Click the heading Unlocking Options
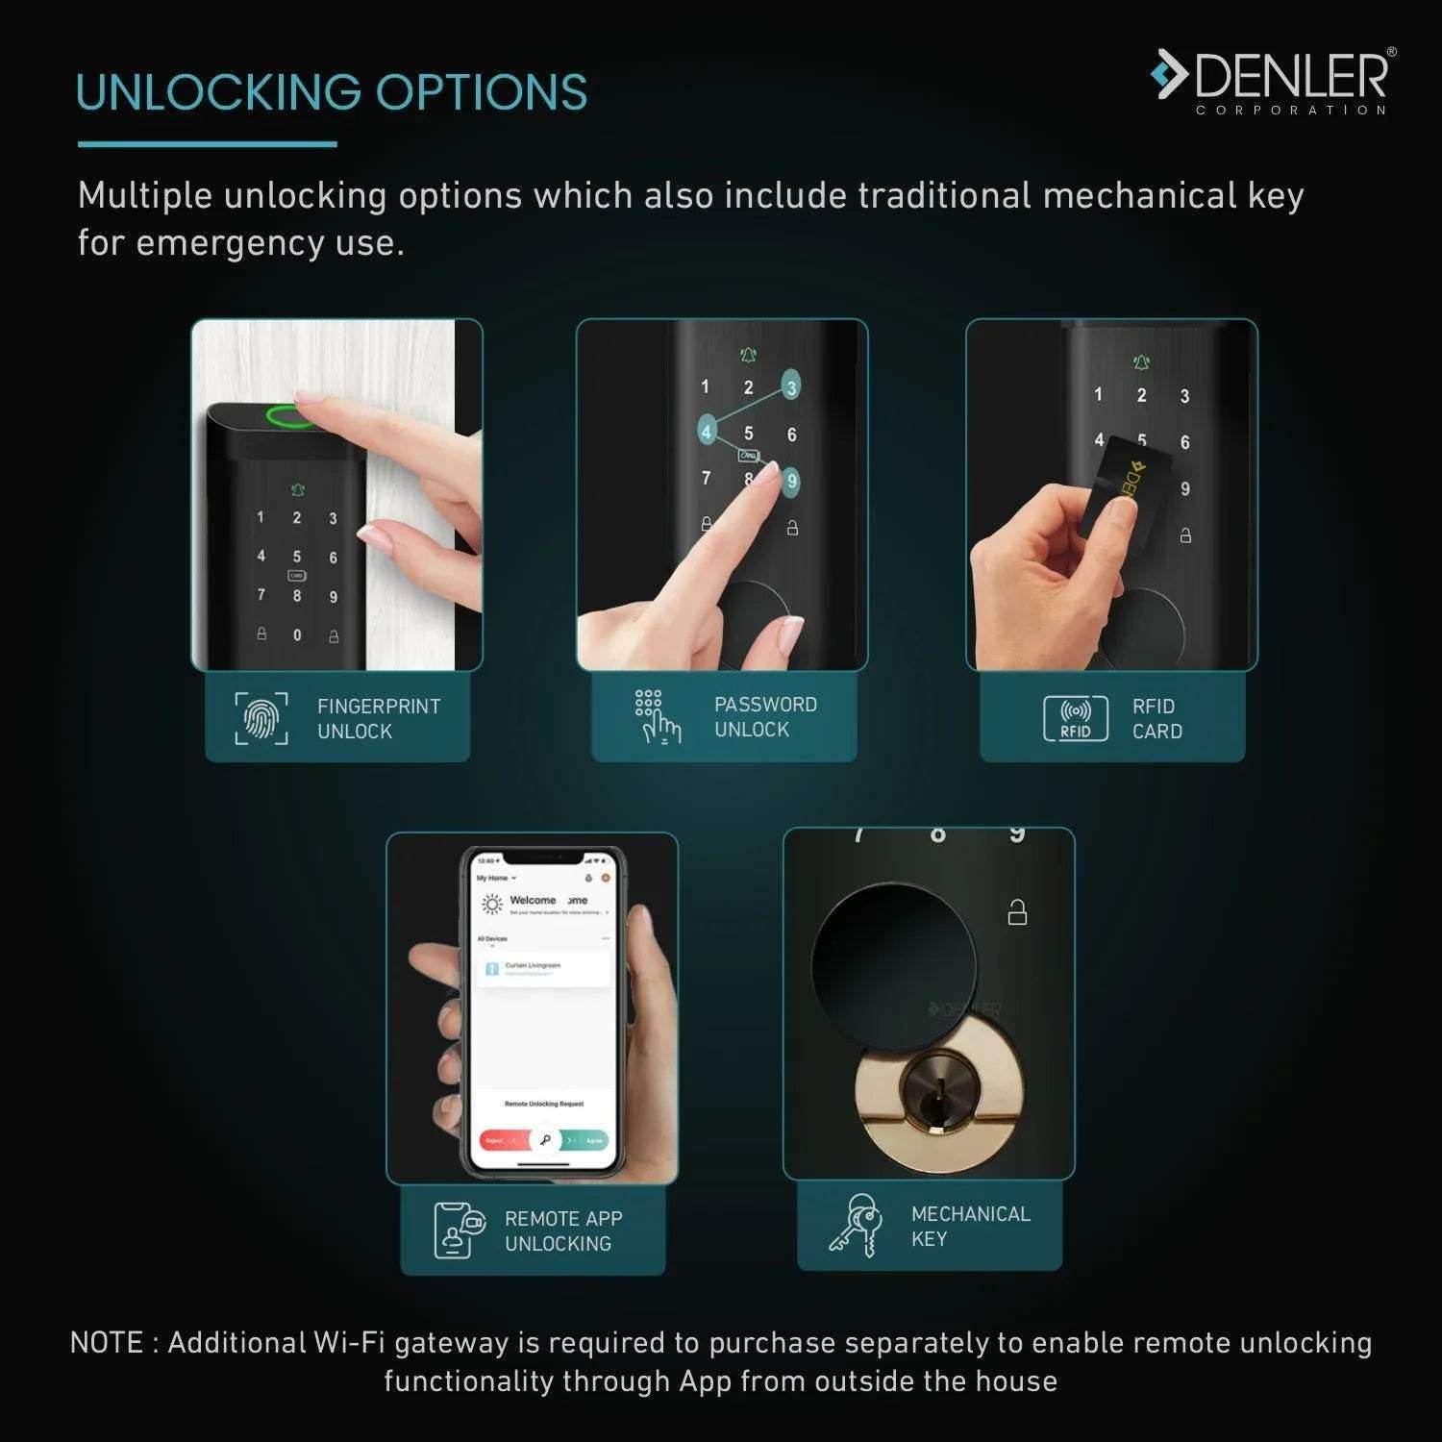pos(332,93)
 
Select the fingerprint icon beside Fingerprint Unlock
pos(261,718)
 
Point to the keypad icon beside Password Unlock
pos(658,717)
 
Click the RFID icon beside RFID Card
pos(1075,718)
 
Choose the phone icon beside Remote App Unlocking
pos(458,1230)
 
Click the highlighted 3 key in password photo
pos(791,387)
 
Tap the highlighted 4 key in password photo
pos(707,432)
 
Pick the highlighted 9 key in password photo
pos(791,481)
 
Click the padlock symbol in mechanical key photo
pos(1017,911)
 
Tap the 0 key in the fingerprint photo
pos(297,635)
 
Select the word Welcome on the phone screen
pos(533,901)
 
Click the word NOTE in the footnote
pos(107,1343)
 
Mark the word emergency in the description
pos(231,243)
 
